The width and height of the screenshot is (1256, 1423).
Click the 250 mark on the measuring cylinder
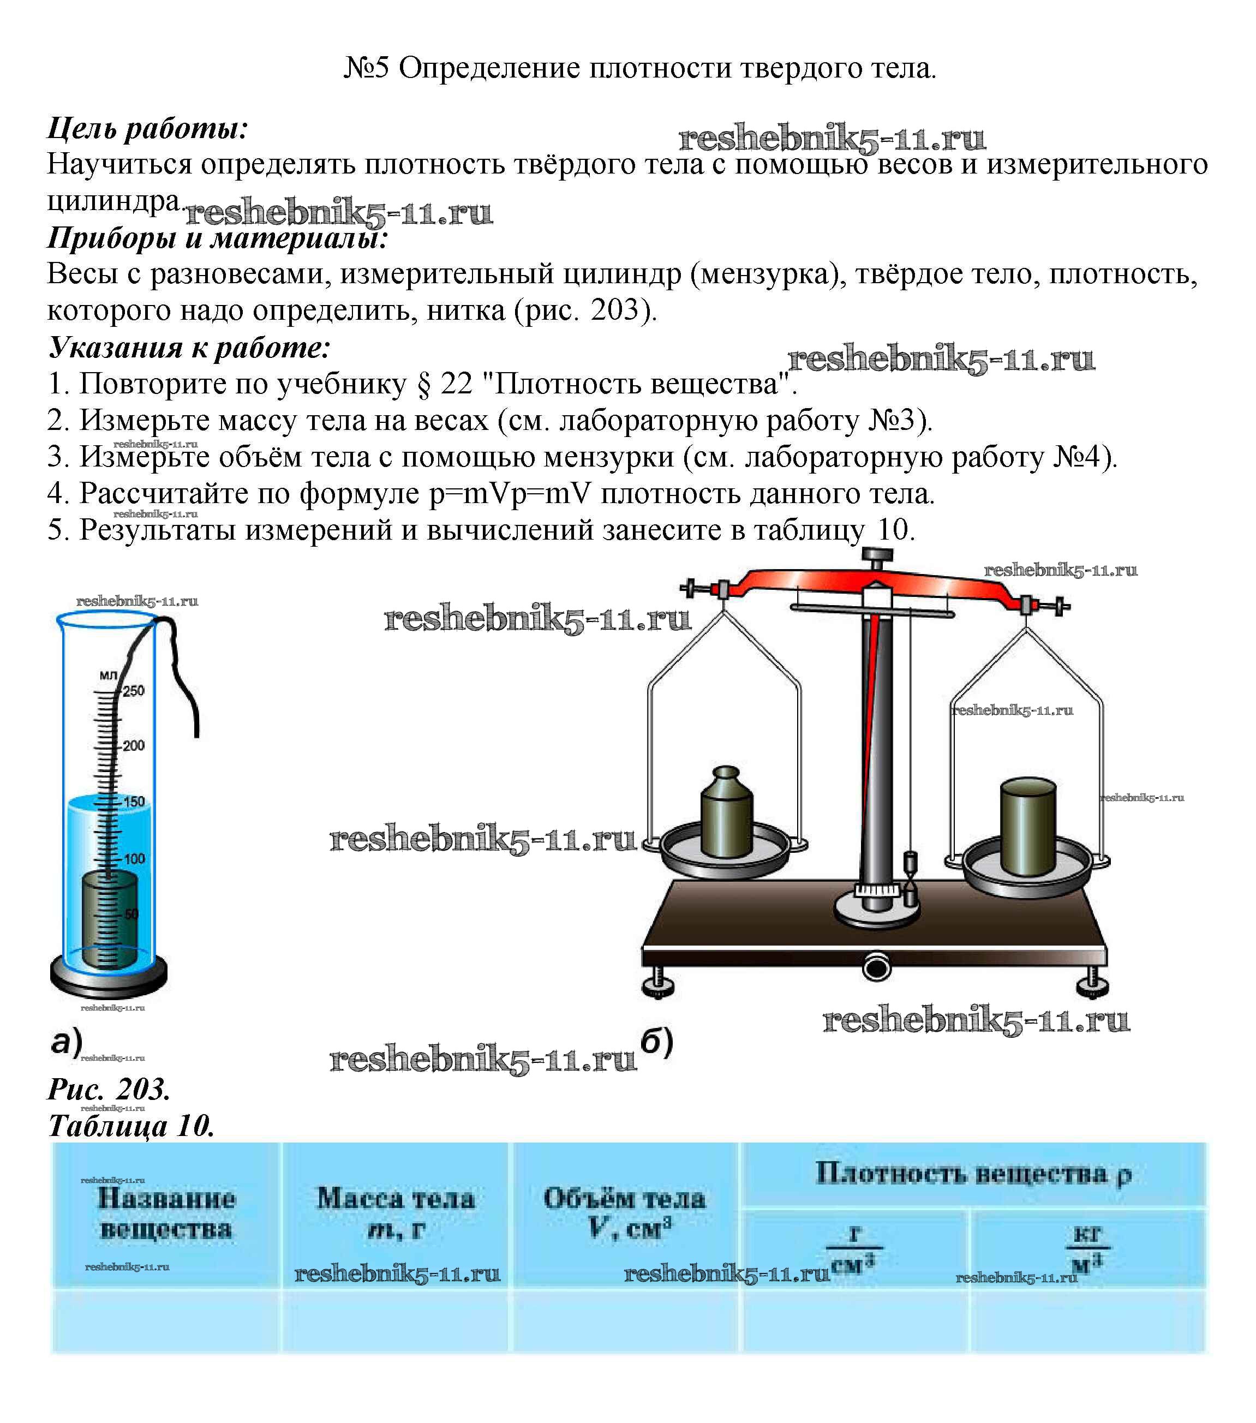tap(133, 691)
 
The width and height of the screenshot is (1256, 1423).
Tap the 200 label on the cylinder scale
tap(133, 746)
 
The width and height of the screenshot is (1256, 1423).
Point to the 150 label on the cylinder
tap(134, 802)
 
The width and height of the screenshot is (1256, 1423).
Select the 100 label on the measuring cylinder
tap(134, 858)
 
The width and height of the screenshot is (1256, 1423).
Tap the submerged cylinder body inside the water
tap(109, 919)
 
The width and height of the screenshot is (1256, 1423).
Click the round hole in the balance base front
tap(876, 968)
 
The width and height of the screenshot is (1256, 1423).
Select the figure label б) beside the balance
tap(656, 1042)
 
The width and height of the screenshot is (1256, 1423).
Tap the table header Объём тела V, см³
tap(625, 1212)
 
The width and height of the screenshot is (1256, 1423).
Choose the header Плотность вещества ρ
tap(973, 1174)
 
